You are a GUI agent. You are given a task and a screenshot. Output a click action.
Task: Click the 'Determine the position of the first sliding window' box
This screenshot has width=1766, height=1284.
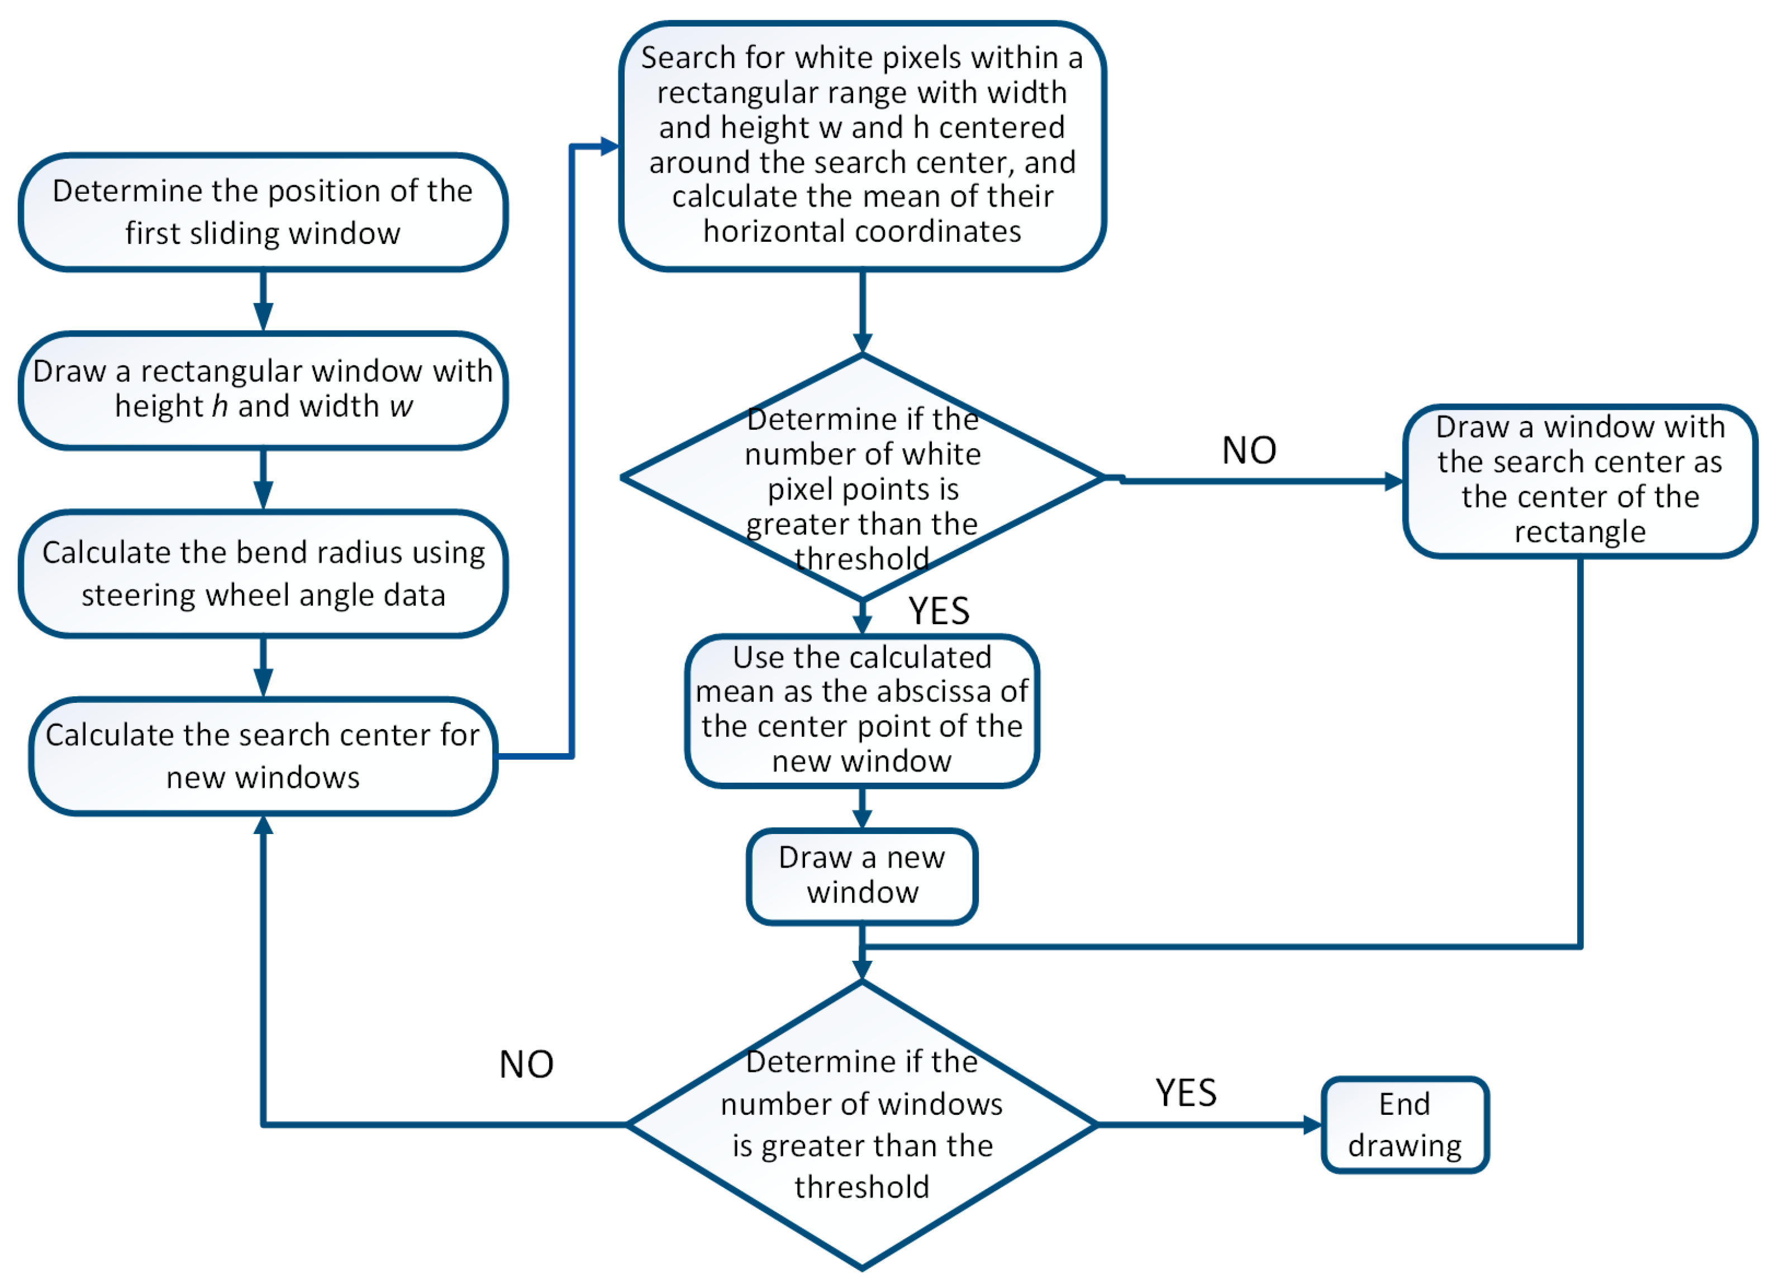263,212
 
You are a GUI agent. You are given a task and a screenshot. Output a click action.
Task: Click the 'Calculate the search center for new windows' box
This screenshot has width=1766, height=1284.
263,756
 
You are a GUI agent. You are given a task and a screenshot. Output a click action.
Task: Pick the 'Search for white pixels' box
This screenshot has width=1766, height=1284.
862,145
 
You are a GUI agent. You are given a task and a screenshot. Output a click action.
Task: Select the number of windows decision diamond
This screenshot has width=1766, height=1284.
862,1124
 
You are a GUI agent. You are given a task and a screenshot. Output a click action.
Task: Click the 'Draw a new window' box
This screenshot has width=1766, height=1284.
862,875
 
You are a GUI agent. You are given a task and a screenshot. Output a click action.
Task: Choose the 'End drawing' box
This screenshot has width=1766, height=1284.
1405,1124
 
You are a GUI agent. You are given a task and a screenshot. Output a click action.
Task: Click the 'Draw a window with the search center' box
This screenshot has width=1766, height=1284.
1580,480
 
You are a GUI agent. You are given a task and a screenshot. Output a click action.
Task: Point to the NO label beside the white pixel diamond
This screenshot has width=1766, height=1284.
1249,451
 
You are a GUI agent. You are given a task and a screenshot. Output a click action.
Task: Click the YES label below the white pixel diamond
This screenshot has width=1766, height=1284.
939,611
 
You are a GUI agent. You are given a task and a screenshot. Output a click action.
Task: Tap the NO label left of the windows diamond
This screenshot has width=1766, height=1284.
526,1064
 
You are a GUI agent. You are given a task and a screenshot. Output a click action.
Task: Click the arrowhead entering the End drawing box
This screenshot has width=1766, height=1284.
1313,1124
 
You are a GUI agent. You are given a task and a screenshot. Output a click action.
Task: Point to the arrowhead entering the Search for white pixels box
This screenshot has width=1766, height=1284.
610,146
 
